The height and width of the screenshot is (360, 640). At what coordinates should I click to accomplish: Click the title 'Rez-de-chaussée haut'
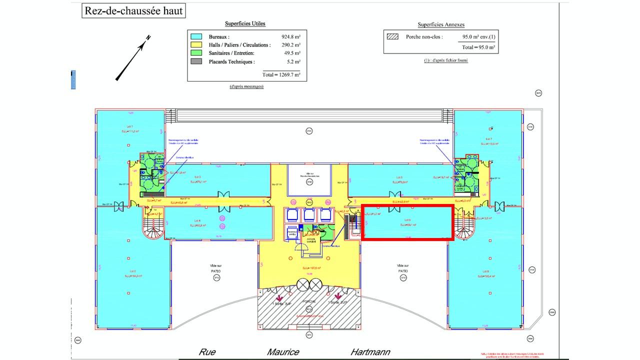point(133,10)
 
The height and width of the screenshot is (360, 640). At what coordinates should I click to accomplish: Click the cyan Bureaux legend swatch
point(196,37)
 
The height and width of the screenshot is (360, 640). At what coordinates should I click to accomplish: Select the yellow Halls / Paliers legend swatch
point(196,45)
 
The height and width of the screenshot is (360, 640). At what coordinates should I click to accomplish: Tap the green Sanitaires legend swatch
point(196,53)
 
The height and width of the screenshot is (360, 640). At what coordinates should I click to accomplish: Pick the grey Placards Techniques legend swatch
point(196,61)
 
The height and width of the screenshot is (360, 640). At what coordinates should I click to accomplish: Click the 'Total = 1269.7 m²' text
point(281,74)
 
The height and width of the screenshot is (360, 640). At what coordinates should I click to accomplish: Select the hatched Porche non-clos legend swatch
point(392,36)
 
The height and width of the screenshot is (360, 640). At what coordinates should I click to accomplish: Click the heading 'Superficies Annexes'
point(441,24)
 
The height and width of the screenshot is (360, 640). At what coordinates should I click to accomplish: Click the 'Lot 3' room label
point(197,177)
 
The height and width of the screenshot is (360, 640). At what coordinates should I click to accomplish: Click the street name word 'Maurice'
point(283,352)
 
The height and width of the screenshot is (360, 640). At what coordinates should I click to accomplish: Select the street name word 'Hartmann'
point(370,352)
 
